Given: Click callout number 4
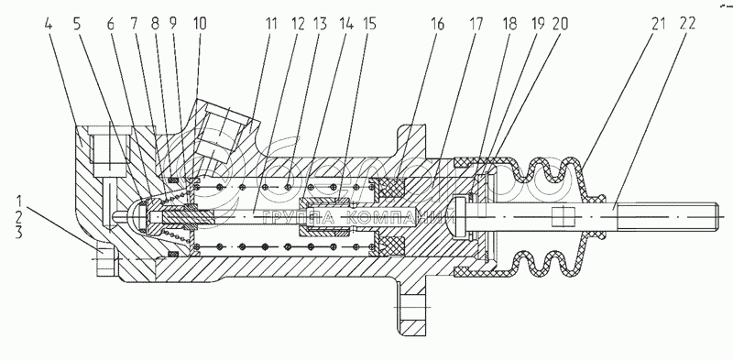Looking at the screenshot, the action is [x=49, y=25].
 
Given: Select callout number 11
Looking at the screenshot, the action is [x=271, y=24].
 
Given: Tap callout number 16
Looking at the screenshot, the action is [x=437, y=24].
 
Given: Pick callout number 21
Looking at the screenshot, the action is [x=658, y=24].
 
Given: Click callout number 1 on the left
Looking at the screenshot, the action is [x=19, y=202].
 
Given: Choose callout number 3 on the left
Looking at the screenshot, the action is [x=19, y=233].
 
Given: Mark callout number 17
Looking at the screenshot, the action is [x=476, y=24].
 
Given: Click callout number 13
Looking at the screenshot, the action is [x=321, y=24].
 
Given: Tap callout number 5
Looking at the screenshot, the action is [x=77, y=25].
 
